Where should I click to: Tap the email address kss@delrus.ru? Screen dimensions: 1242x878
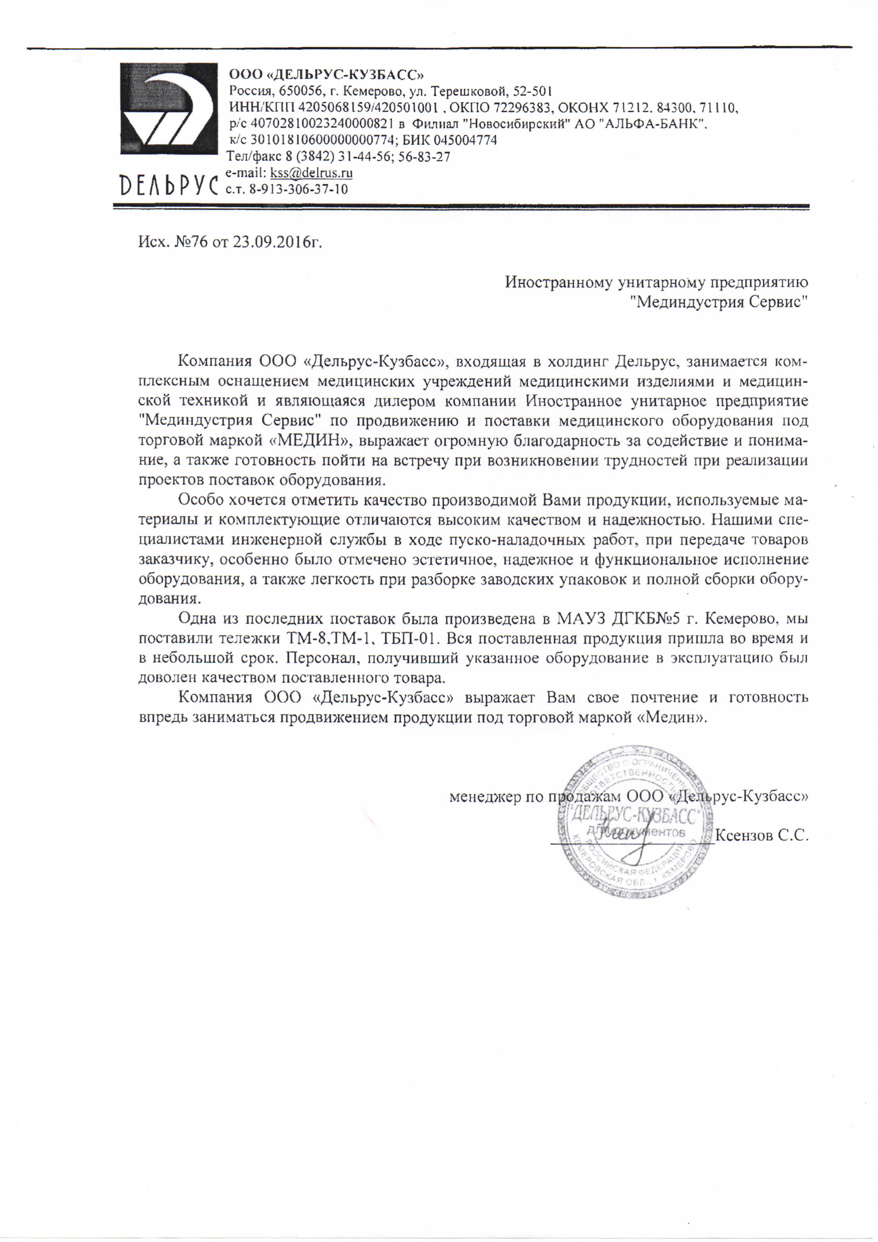click(x=311, y=173)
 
